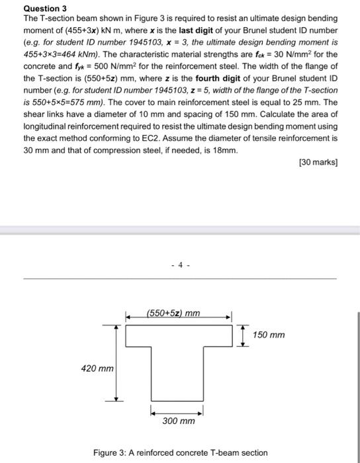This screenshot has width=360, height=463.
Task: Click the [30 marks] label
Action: pyautogui.click(x=318, y=162)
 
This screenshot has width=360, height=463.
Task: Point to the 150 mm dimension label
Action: pyautogui.click(x=269, y=335)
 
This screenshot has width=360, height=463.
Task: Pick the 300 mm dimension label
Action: pyautogui.click(x=179, y=421)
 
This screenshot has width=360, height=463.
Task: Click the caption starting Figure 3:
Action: pyautogui.click(x=179, y=452)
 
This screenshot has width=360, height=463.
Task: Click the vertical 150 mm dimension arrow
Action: pyautogui.click(x=244, y=335)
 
